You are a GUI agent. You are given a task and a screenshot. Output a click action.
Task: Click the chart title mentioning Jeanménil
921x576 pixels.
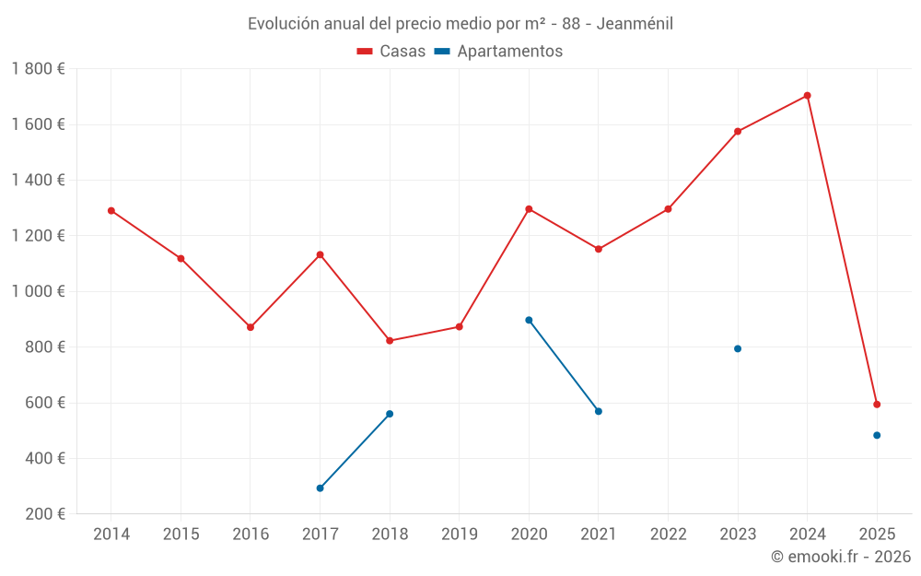pyautogui.click(x=460, y=23)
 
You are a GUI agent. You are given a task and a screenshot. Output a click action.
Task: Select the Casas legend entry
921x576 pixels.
pyautogui.click(x=391, y=52)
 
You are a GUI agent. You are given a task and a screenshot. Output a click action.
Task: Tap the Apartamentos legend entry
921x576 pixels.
pyautogui.click(x=498, y=52)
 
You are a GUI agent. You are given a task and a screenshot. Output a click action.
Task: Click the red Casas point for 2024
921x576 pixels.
pyautogui.click(x=807, y=96)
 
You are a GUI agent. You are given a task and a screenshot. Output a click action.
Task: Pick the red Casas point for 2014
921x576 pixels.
pyautogui.click(x=111, y=211)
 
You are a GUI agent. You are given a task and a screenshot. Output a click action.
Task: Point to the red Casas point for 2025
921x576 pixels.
pyautogui.click(x=877, y=405)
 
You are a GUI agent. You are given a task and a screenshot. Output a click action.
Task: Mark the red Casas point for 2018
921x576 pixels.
pyautogui.click(x=390, y=341)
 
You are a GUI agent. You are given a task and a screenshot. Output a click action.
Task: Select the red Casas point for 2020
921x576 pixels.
pyautogui.click(x=529, y=209)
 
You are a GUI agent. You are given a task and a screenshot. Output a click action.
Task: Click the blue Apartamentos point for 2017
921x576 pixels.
pyautogui.click(x=320, y=488)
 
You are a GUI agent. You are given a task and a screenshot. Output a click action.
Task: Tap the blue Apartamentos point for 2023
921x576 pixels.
pyautogui.click(x=738, y=349)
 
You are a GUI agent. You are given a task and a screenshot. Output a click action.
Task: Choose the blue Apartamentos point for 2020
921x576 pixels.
pyautogui.click(x=529, y=321)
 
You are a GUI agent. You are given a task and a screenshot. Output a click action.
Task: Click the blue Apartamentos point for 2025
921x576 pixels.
pyautogui.click(x=877, y=436)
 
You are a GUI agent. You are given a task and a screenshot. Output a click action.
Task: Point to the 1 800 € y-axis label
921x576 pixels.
pyautogui.click(x=38, y=69)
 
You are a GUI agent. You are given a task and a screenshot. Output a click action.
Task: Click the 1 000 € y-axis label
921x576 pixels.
pyautogui.click(x=38, y=292)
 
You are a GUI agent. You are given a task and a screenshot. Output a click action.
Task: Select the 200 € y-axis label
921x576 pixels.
pyautogui.click(x=43, y=514)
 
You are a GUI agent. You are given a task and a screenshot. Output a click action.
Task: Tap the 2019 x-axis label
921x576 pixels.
pyautogui.click(x=460, y=535)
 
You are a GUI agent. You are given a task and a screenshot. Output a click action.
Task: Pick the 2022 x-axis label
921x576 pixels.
pyautogui.click(x=668, y=535)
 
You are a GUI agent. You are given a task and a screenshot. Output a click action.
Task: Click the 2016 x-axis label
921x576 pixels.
pyautogui.click(x=251, y=535)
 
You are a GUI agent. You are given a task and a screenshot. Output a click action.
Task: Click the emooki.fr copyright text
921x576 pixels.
pyautogui.click(x=840, y=557)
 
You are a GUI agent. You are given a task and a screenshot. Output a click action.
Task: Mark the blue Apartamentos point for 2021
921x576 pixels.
pyautogui.click(x=599, y=411)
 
